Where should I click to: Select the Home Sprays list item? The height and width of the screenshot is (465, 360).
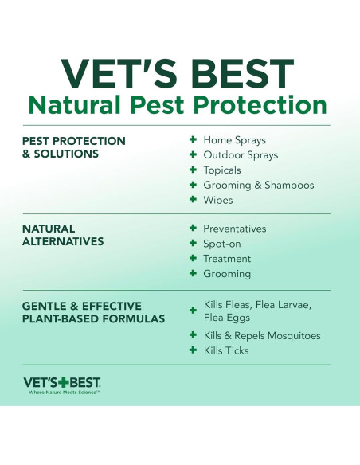pyautogui.click(x=234, y=140)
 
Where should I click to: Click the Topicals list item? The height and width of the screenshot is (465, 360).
pyautogui.click(x=221, y=170)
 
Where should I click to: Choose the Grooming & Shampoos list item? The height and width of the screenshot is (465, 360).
pyautogui.click(x=258, y=186)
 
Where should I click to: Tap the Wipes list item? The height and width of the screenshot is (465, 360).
pyautogui.click(x=217, y=201)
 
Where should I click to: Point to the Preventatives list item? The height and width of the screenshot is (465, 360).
pyautogui.click(x=234, y=229)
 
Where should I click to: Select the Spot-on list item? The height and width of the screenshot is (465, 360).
pyautogui.click(x=221, y=244)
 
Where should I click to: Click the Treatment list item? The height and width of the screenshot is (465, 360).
pyautogui.click(x=227, y=259)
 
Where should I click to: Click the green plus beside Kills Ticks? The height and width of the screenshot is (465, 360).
pyautogui.click(x=193, y=350)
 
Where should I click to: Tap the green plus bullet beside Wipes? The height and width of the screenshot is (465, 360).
pyautogui.click(x=193, y=201)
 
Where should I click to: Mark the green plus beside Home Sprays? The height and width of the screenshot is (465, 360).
pyautogui.click(x=193, y=140)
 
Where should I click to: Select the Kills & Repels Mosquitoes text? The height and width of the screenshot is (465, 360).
pyautogui.click(x=261, y=335)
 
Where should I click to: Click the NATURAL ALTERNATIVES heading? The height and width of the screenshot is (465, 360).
pyautogui.click(x=63, y=235)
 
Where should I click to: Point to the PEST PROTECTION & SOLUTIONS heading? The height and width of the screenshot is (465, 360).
pyautogui.click(x=73, y=147)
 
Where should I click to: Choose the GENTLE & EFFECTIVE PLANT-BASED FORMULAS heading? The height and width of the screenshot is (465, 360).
pyautogui.click(x=93, y=312)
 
